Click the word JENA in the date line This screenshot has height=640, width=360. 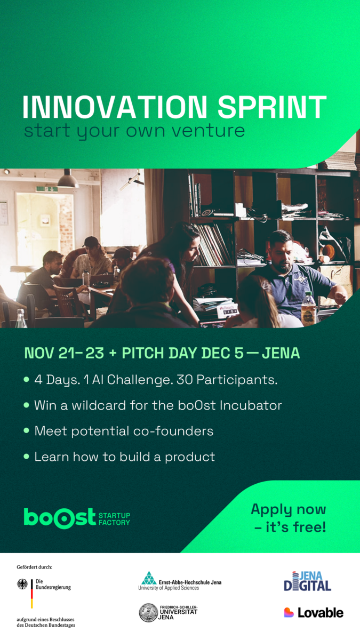coord(281,353)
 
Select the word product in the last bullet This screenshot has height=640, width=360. coord(190,457)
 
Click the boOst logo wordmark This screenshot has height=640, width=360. coord(59,518)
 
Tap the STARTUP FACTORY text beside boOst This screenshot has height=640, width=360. coord(114,519)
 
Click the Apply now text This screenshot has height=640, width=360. coord(289,509)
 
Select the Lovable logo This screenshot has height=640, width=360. coord(314,613)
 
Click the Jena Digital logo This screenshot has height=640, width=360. coord(307,581)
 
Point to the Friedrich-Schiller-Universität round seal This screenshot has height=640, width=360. coord(148,613)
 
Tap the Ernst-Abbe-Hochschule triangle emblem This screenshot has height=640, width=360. coord(149,578)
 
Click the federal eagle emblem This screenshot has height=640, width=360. coord(22,585)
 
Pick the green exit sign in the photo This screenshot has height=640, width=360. coord(47,189)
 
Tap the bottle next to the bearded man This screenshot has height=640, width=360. coord(309,309)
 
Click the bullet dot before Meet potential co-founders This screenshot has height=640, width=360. coord(27,430)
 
